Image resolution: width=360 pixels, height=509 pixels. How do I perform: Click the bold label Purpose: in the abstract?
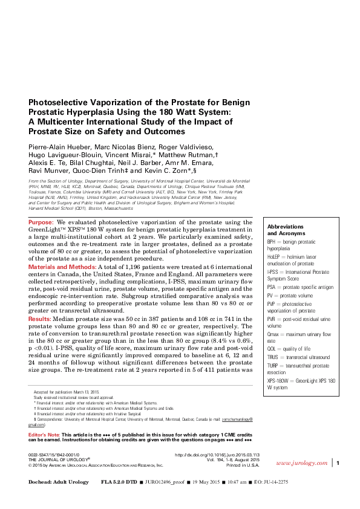pyautogui.click(x=41, y=223)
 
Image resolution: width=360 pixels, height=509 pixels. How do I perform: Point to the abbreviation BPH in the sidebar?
pyautogui.click(x=273, y=241)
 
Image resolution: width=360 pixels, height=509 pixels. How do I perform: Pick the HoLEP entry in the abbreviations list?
pyautogui.click(x=276, y=257)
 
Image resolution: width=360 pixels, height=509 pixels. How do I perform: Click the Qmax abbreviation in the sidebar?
pyautogui.click(x=275, y=334)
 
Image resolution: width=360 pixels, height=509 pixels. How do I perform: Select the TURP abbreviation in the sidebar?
pyautogui.click(x=275, y=365)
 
